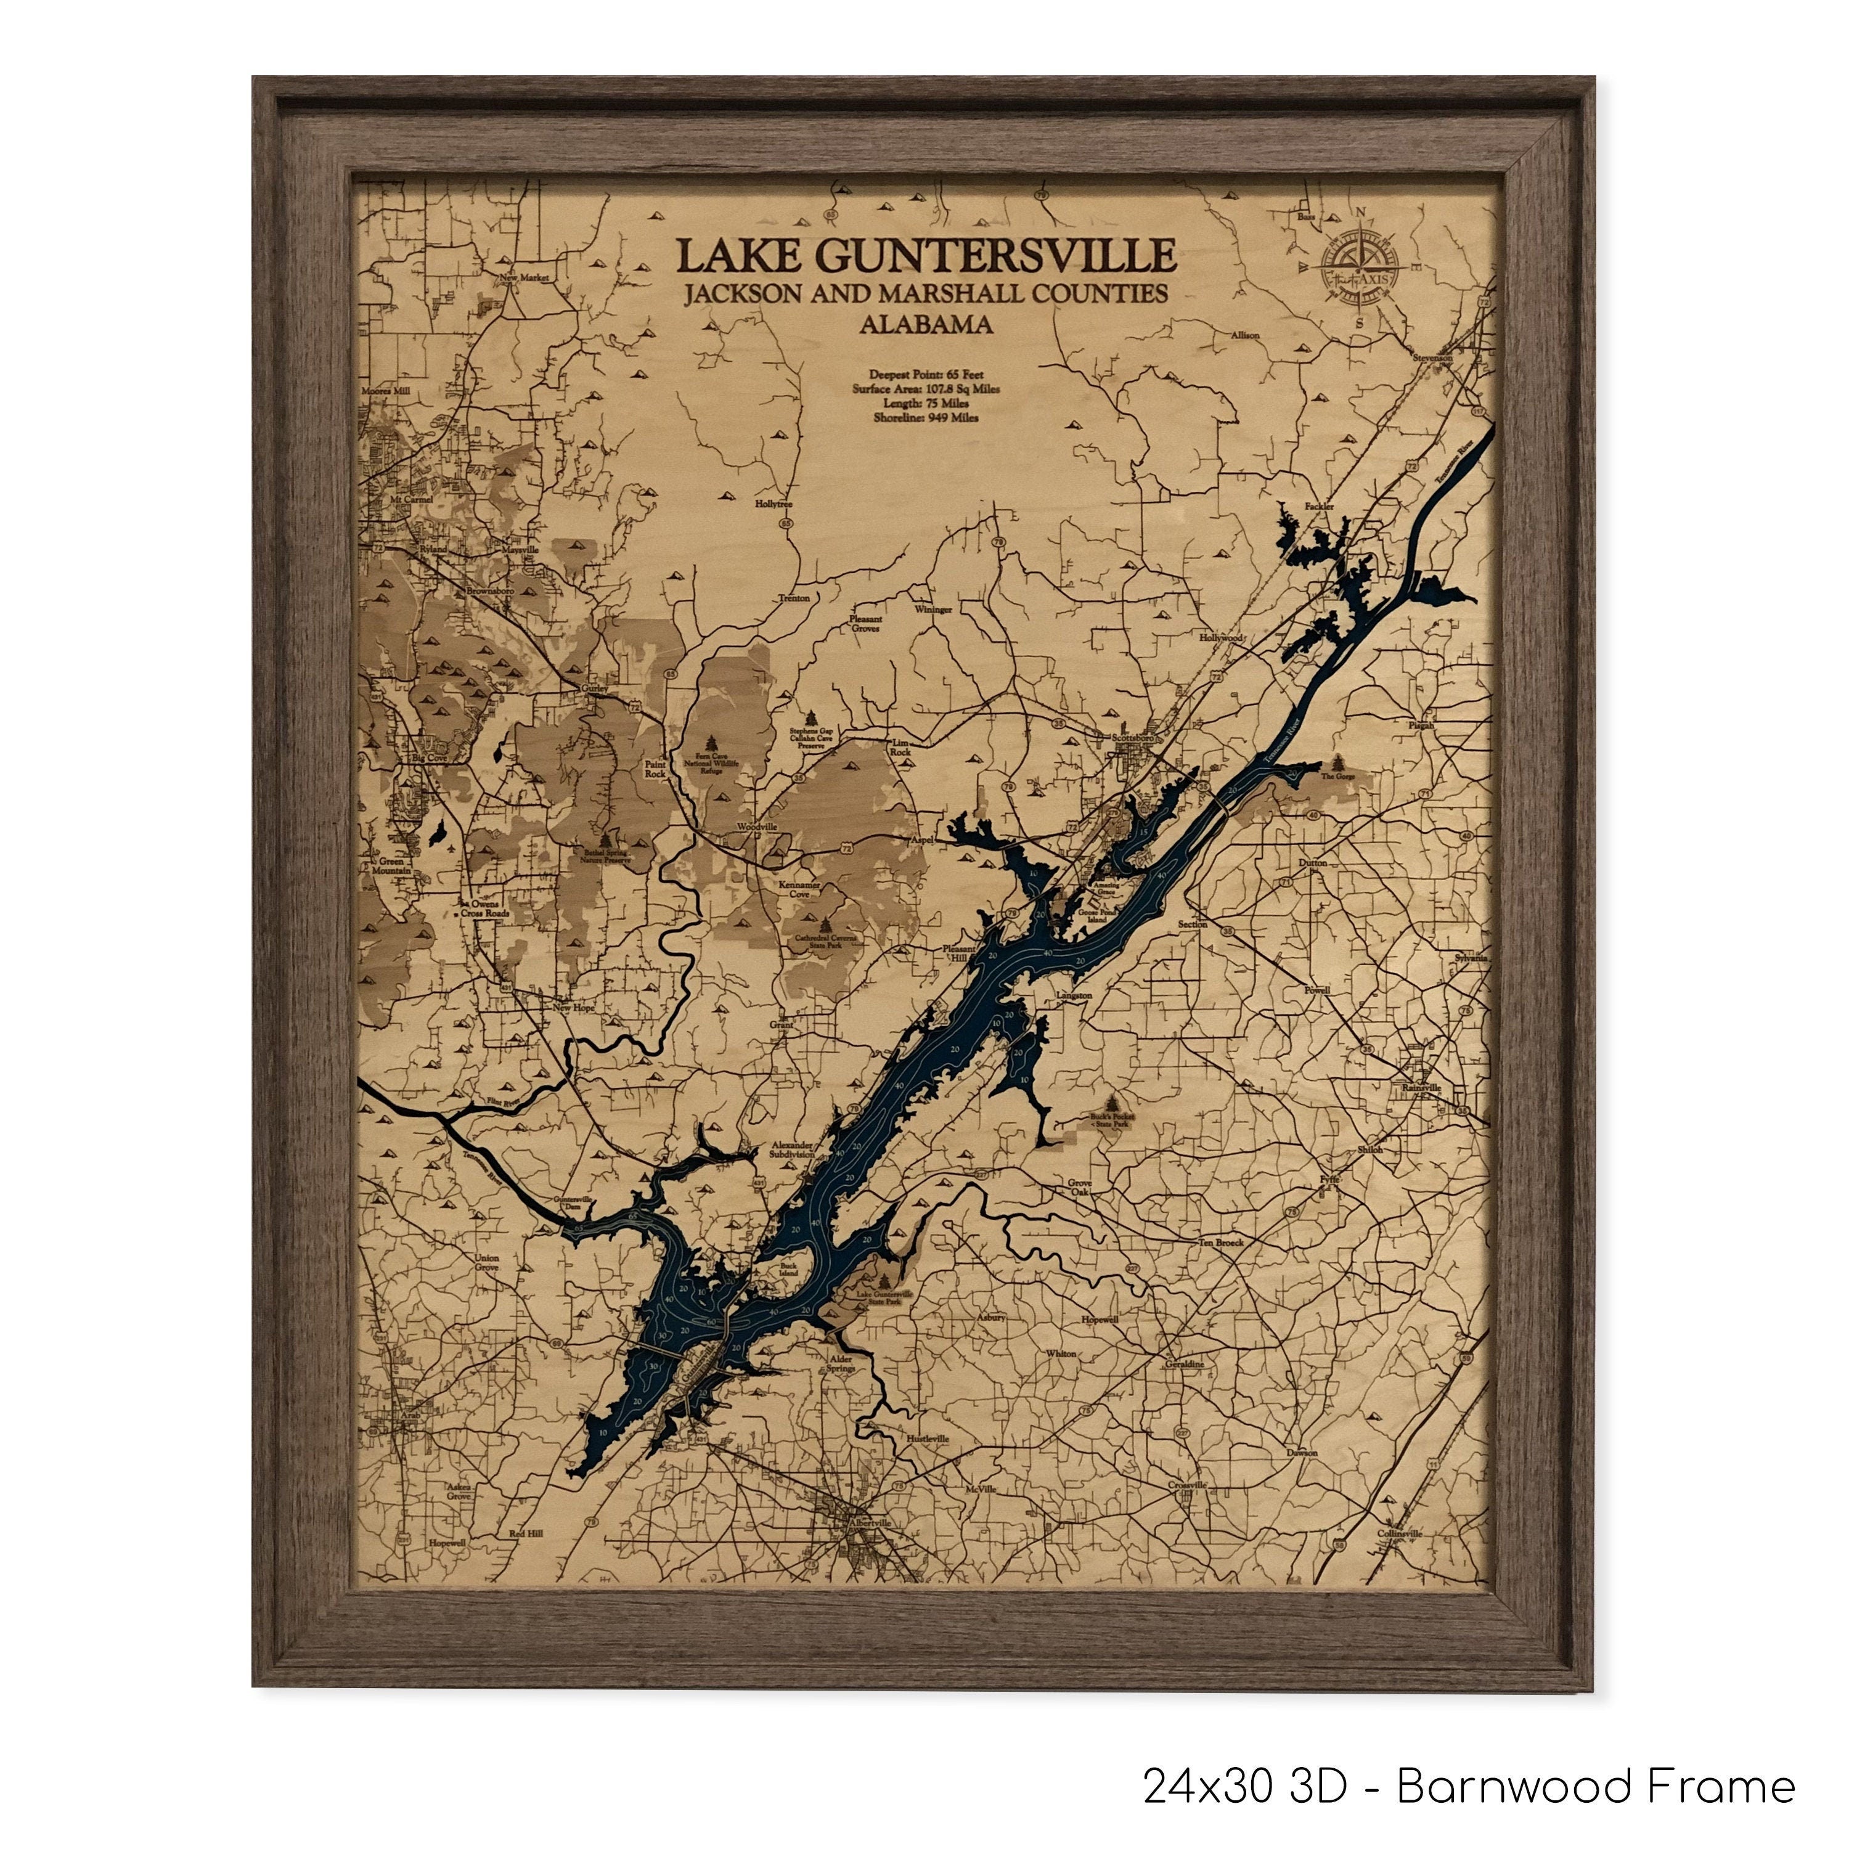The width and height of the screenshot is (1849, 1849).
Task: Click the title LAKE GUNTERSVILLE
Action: click(926, 256)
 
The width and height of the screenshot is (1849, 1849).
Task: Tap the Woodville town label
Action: click(756, 826)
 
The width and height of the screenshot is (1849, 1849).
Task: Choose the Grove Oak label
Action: click(1080, 1188)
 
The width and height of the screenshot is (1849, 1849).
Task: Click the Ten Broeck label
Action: click(1221, 1243)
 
